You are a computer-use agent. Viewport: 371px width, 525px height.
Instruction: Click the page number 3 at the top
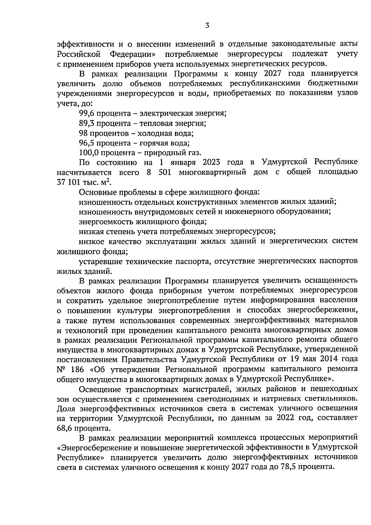[207, 26]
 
